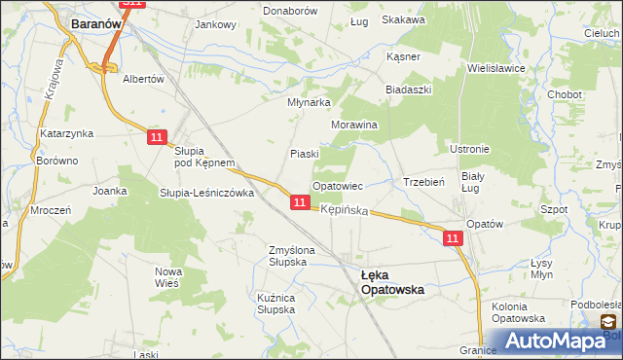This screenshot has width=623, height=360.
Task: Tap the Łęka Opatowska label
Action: (385, 281)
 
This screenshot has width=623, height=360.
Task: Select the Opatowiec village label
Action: (337, 185)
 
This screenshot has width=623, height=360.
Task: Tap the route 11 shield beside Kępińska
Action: (300, 202)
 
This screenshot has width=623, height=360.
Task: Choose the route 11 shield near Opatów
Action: (453, 236)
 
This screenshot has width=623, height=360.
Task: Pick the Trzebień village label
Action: (423, 182)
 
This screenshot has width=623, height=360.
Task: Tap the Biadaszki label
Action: (408, 89)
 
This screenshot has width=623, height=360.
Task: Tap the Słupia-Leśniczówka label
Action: (206, 193)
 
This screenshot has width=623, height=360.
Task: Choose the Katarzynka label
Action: (65, 132)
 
